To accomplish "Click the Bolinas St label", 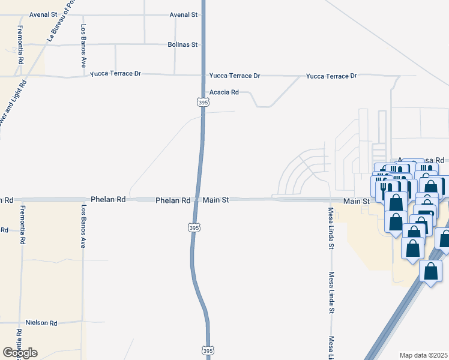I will [182, 44].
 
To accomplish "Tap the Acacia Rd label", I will [224, 92].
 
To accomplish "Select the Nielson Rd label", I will [41, 323].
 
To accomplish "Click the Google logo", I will [20, 353].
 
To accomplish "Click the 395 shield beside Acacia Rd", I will [203, 103].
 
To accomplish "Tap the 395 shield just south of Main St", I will [191, 227].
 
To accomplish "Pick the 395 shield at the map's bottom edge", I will [208, 350].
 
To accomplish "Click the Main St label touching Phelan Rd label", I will [215, 200].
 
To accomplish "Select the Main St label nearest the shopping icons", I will [357, 201].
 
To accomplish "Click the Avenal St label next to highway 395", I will [184, 14].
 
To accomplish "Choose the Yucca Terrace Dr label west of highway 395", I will [115, 74].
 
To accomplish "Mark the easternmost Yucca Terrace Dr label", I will [331, 76].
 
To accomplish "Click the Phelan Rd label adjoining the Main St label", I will [173, 200].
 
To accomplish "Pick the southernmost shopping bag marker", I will [430, 272].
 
